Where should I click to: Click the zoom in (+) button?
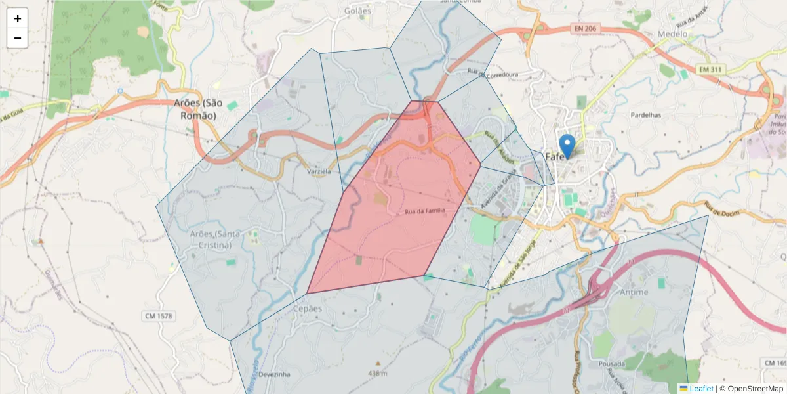coord(18,18)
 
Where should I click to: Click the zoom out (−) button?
coord(18,38)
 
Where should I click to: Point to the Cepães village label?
coord(308,309)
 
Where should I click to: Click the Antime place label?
coord(633,292)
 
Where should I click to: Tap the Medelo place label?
coord(673,34)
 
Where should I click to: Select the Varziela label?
coord(319,171)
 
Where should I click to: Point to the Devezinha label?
coord(274,374)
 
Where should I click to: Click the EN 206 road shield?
coord(587,29)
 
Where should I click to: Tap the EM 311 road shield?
coord(713,69)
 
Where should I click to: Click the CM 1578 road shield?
coord(158,317)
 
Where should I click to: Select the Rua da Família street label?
coord(425,211)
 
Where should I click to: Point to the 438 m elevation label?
coord(377,374)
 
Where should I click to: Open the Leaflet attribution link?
coord(701,389)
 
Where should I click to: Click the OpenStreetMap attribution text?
coord(756,389)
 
